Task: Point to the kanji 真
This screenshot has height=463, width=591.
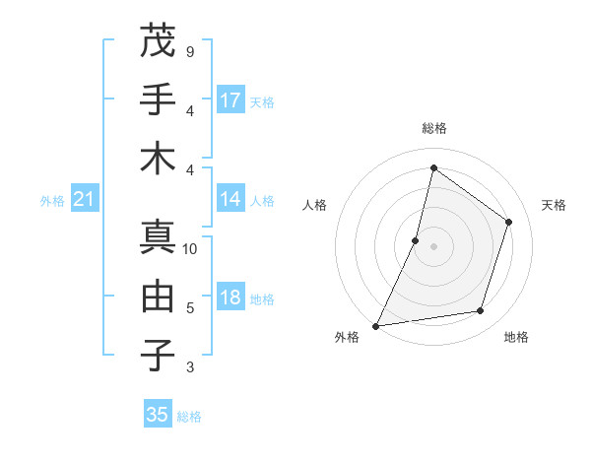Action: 158,236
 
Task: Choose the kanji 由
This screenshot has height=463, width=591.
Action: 158,296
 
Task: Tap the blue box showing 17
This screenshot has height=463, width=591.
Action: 230,100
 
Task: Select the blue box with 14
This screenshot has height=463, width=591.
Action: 230,200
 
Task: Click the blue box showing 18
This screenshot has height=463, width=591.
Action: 230,298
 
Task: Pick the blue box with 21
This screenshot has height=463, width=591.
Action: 85,200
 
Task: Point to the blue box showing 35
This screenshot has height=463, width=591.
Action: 158,415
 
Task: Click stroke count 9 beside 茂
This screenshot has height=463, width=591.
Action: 189,50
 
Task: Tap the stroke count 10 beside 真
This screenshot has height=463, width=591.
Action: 190,249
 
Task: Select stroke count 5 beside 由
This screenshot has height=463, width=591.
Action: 189,308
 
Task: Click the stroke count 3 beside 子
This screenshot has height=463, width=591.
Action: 189,367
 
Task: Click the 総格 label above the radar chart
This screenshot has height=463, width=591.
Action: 433,129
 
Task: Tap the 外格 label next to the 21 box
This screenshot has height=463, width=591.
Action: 52,201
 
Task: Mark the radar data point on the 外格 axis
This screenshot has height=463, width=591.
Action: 375,326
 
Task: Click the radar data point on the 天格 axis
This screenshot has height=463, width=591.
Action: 509,222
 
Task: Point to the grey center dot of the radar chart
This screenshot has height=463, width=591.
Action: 433,246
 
